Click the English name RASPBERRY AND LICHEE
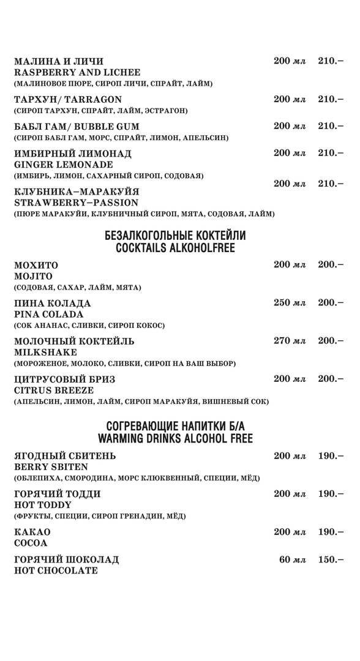pyautogui.click(x=77, y=72)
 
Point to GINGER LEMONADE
pyautogui.click(x=63, y=165)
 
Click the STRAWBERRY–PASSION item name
pyautogui.click(x=76, y=203)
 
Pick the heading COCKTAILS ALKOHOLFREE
pyautogui.click(x=175, y=248)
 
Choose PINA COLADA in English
pyautogui.click(x=48, y=314)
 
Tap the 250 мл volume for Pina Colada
pyautogui.click(x=289, y=303)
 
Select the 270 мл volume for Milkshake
pyautogui.click(x=289, y=341)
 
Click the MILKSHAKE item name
pyautogui.click(x=45, y=352)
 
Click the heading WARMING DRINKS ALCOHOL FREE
pyautogui.click(x=175, y=439)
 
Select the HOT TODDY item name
pyautogui.click(x=42, y=505)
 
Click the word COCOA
pyautogui.click(x=31, y=543)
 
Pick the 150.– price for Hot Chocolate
pyautogui.click(x=330, y=559)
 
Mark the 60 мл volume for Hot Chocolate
pyautogui.click(x=292, y=559)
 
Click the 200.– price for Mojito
pyautogui.click(x=330, y=265)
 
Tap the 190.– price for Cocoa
pyautogui.click(x=330, y=532)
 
